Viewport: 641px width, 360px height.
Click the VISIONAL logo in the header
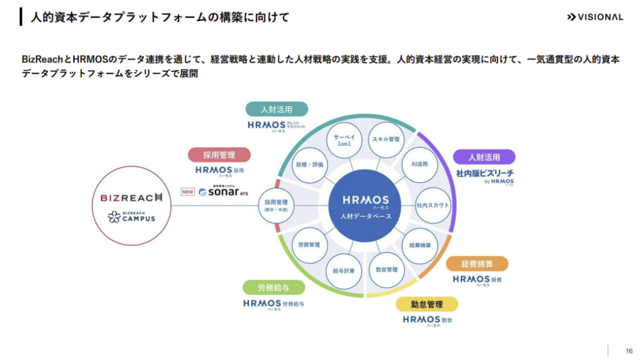[595, 17]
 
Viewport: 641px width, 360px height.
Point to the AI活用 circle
[419, 164]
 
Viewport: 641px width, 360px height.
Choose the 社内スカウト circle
[433, 205]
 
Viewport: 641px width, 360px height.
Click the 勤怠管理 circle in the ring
[386, 270]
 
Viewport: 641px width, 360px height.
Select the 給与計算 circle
[344, 270]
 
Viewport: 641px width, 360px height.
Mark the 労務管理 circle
[310, 245]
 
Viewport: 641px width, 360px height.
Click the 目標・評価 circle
[310, 165]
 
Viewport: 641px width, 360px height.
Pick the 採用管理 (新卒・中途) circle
[275, 205]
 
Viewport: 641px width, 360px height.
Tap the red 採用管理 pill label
[219, 155]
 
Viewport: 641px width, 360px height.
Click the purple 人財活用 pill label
[484, 157]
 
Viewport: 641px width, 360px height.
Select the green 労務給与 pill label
[273, 288]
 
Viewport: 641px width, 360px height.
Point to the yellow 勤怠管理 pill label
[427, 304]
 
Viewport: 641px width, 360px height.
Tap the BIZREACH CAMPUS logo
[131, 217]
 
